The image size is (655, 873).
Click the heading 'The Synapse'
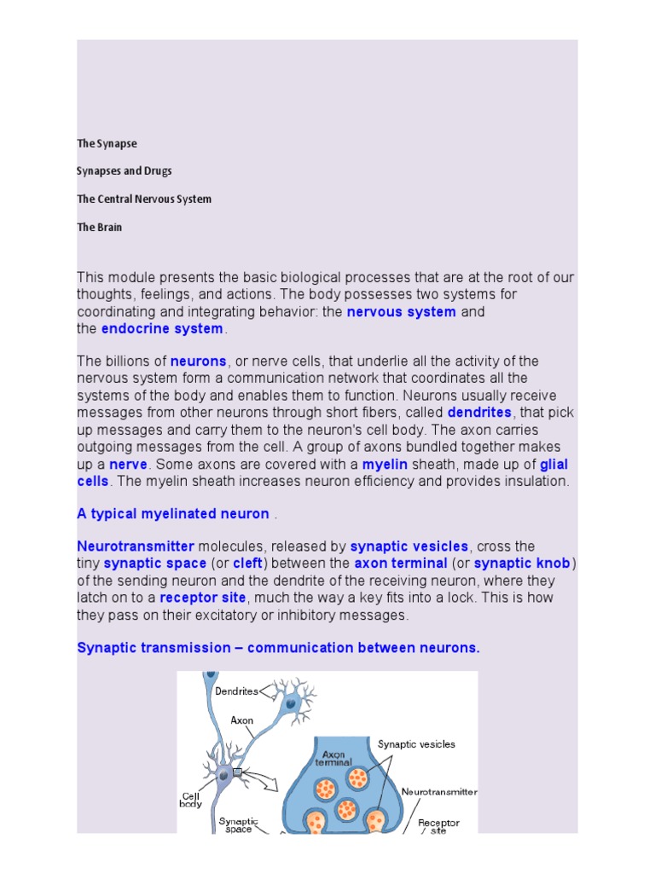(107, 143)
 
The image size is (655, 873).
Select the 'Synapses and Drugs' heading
(125, 171)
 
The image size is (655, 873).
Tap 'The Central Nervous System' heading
(144, 199)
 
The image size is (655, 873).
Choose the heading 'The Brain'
(100, 228)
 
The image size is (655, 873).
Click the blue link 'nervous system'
(401, 312)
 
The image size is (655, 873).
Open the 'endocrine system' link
(162, 329)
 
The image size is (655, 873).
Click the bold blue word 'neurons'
(199, 361)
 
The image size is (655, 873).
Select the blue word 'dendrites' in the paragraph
(479, 413)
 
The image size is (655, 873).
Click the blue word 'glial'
(554, 464)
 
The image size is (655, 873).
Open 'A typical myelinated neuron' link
(173, 514)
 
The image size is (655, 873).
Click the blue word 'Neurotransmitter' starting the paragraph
(136, 546)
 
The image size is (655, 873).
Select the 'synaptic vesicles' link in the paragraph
(409, 546)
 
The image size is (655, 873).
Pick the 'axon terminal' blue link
(401, 564)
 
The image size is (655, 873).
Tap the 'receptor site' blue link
(203, 598)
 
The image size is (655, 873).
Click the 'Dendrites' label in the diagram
(236, 691)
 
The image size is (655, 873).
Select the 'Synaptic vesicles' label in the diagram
(417, 744)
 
